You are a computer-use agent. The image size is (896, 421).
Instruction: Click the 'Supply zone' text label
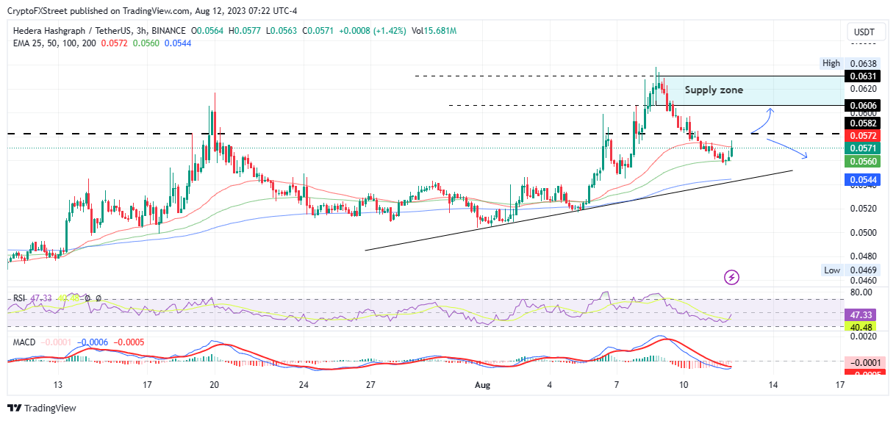click(714, 90)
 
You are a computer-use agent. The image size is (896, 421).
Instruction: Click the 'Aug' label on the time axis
click(482, 384)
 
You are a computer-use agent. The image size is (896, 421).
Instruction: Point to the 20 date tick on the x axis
click(214, 384)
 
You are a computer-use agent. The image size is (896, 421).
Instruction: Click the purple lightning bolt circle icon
click(731, 277)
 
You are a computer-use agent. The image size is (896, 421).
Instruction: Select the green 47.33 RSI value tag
click(859, 312)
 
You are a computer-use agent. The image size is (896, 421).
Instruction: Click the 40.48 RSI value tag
click(859, 327)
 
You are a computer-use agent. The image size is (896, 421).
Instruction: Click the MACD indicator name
click(22, 342)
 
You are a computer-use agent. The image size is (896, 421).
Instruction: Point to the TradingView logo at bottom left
click(41, 408)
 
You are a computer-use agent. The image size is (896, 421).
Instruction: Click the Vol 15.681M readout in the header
click(434, 31)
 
